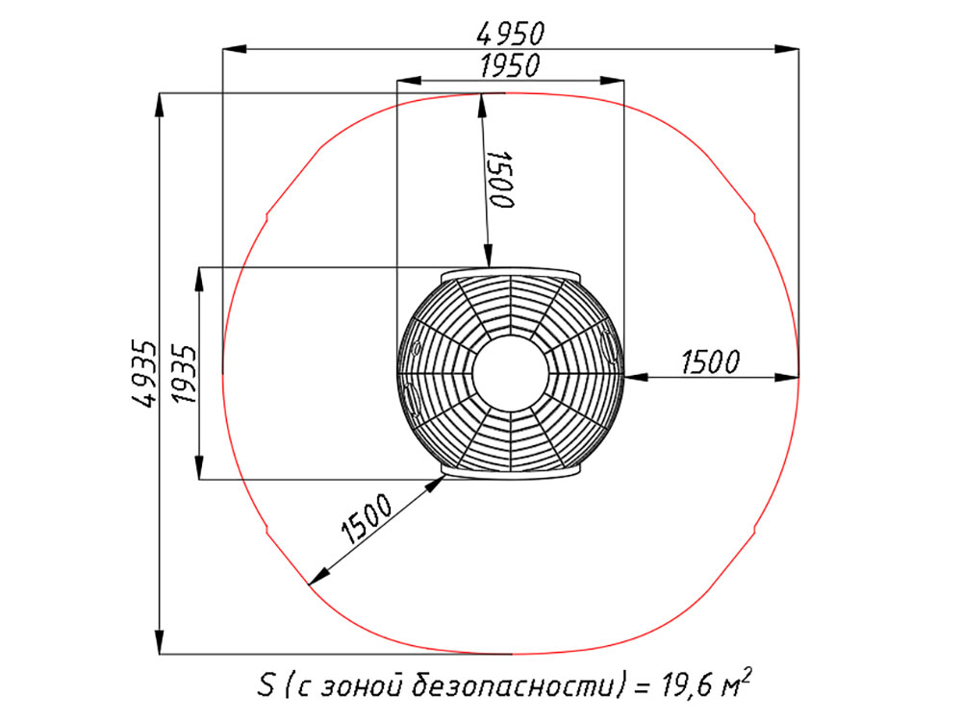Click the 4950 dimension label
pyautogui.click(x=511, y=33)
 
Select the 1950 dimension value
pyautogui.click(x=510, y=65)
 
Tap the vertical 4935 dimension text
pyautogui.click(x=144, y=373)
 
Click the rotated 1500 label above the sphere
pyautogui.click(x=500, y=179)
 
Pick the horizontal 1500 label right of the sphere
pyautogui.click(x=711, y=361)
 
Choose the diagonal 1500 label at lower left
pyautogui.click(x=367, y=519)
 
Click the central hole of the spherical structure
pyautogui.click(x=511, y=373)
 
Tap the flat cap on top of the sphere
pyautogui.click(x=511, y=273)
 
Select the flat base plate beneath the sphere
pyautogui.click(x=511, y=471)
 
